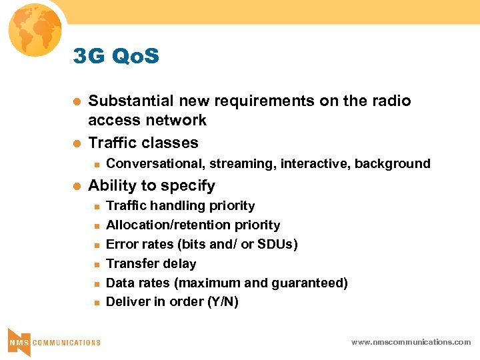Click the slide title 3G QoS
point(117,57)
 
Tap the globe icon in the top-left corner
point(33,30)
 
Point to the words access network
point(147,120)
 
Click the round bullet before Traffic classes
point(77,143)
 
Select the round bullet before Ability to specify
point(77,186)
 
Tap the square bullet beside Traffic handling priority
point(96,206)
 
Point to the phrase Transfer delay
point(151,263)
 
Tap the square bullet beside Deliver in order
point(96,302)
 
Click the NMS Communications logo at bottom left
point(53,340)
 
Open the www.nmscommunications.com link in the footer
point(411,342)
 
